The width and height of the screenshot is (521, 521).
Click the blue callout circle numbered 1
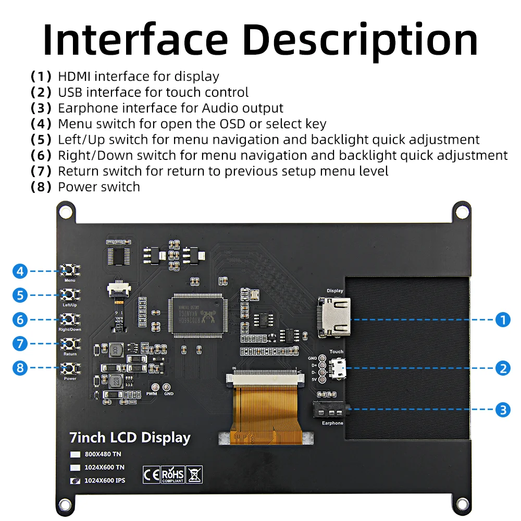pos(502,319)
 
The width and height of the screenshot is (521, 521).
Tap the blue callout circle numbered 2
pos(502,368)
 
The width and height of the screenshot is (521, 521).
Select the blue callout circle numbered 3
pos(502,410)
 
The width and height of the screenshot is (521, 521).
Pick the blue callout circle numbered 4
pos(20,271)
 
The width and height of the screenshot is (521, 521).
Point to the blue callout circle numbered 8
pos(20,368)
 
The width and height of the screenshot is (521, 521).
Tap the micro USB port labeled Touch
pos(338,369)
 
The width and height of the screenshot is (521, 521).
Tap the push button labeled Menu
pos(69,270)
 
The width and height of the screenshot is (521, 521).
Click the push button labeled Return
pos(69,343)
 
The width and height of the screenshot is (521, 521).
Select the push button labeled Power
pos(69,368)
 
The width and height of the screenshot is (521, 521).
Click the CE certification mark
pos(151,474)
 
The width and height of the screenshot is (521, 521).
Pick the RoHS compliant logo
pos(173,474)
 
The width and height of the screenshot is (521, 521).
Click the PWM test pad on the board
pos(155,387)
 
